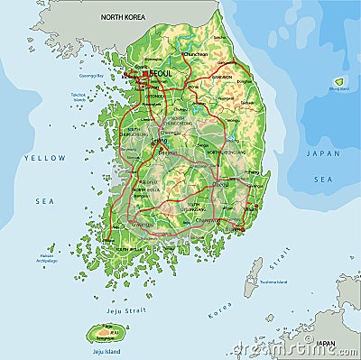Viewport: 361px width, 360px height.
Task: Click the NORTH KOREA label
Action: tap(124, 17)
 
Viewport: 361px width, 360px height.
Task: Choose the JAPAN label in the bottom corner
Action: tap(326, 344)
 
